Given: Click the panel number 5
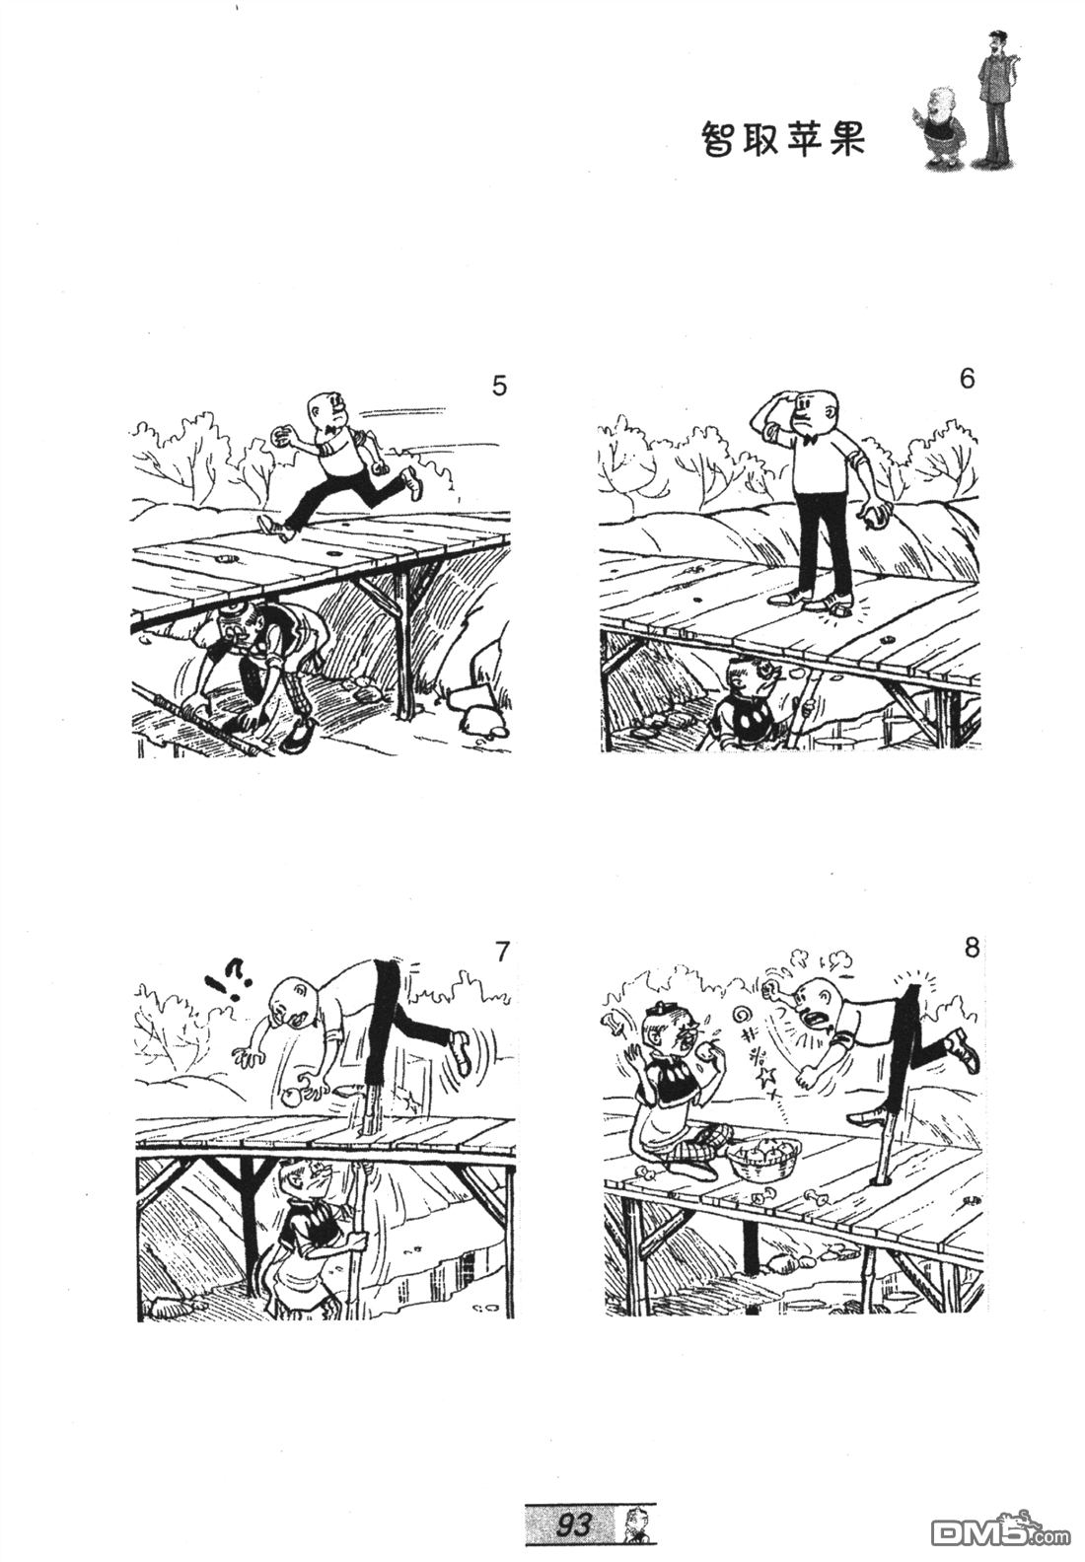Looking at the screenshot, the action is pyautogui.click(x=499, y=386).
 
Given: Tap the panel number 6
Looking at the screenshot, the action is pyautogui.click(x=967, y=379).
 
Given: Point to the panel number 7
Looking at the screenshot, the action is pyautogui.click(x=502, y=951).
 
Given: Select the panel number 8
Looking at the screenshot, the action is pyautogui.click(x=972, y=948).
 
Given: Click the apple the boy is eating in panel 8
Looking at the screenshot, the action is pyautogui.click(x=711, y=1046).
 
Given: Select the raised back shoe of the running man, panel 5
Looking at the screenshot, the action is pyautogui.click(x=413, y=482).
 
